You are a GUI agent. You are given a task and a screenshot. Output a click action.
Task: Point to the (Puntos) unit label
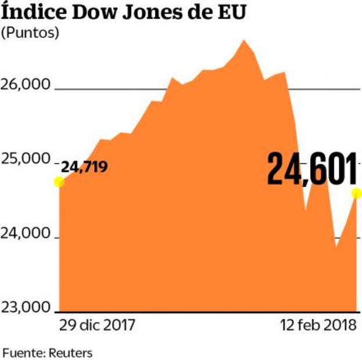pos(30,33)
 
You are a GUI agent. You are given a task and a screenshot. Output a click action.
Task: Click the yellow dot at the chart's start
pos(59,182)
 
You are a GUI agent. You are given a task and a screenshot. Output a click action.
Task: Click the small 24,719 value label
pos(84,168)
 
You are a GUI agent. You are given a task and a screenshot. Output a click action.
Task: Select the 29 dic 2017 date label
pos(96,325)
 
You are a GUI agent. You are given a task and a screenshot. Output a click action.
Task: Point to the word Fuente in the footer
pos(22,352)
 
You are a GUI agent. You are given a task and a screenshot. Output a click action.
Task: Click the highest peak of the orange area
pos(244,40)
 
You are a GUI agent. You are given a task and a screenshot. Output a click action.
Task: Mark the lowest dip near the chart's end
pos(336,247)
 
